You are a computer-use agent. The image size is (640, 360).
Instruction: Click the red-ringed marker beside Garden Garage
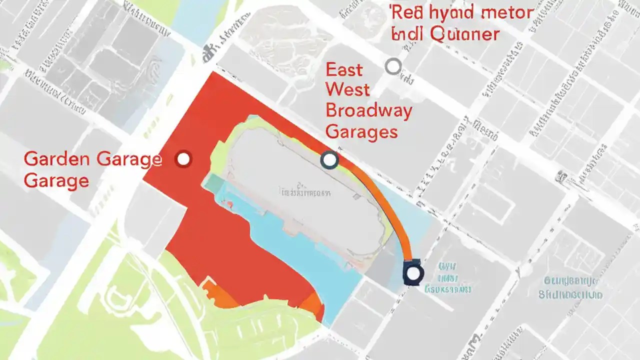183,159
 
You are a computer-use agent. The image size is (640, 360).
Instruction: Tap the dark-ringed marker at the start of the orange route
329,160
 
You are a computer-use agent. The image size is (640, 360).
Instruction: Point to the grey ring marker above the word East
393,66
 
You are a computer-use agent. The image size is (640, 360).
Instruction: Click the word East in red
344,69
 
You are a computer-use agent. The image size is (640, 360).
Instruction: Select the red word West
347,90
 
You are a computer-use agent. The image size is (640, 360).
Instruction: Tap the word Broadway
368,111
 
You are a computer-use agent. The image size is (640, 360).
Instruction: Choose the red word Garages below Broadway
361,131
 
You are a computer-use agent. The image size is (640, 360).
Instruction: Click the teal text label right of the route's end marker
448,278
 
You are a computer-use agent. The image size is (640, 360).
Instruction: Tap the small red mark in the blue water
229,204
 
